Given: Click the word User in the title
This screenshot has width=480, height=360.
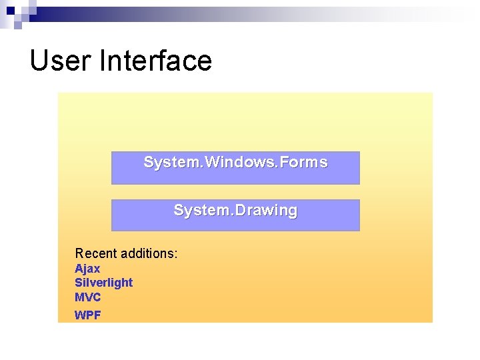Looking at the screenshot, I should click(x=61, y=61).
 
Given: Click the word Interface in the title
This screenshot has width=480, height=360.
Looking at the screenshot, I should click(x=155, y=61).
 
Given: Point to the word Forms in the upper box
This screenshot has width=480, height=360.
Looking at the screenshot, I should click(x=303, y=162).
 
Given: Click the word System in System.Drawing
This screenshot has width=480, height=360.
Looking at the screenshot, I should click(x=197, y=211).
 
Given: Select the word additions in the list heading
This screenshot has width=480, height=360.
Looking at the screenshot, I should click(x=146, y=253).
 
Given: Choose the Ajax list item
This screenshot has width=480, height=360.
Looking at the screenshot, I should click(x=87, y=269).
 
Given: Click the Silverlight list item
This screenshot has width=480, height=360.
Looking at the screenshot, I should click(x=103, y=283).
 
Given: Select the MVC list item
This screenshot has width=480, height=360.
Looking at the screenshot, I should click(x=87, y=297).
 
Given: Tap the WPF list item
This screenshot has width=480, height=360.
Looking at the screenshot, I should click(x=87, y=315).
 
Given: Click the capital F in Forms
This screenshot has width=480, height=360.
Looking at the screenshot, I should click(x=284, y=162).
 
